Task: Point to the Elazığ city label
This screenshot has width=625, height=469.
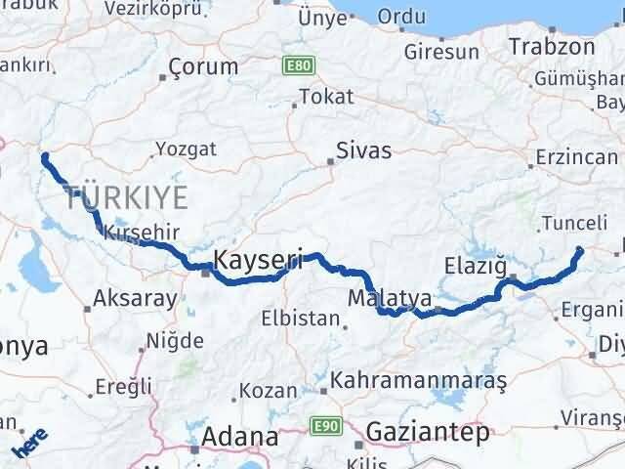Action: click(477, 264)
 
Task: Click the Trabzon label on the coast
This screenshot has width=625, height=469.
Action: click(552, 46)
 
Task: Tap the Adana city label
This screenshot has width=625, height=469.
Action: click(234, 436)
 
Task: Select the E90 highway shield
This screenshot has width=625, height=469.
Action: click(324, 426)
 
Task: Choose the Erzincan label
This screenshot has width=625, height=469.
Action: click(577, 157)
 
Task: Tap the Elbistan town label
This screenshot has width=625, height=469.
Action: click(301, 320)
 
